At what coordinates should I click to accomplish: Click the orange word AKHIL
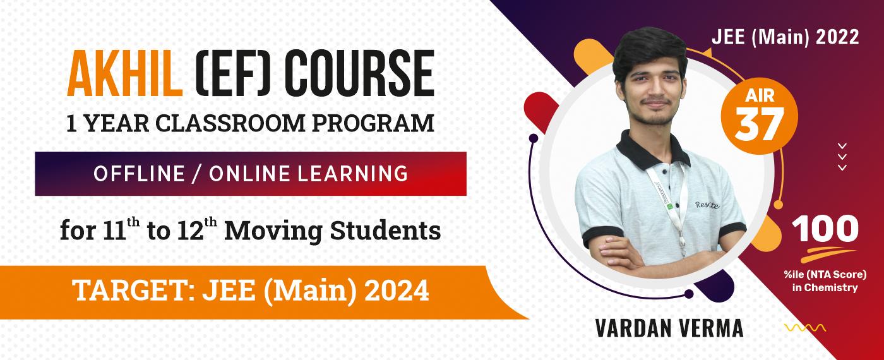pos(125,73)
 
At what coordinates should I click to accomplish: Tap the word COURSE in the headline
pos(359,73)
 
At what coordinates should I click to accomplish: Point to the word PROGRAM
pos(373,123)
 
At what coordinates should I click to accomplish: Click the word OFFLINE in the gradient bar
pos(140,174)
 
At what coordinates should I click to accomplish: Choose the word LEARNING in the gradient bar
pos(352,174)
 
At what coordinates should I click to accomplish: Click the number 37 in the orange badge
pos(759,124)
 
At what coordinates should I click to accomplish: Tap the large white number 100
pos(825,229)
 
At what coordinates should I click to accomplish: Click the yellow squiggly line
pos(805,328)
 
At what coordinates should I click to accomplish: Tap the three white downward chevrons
pos(842,157)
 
